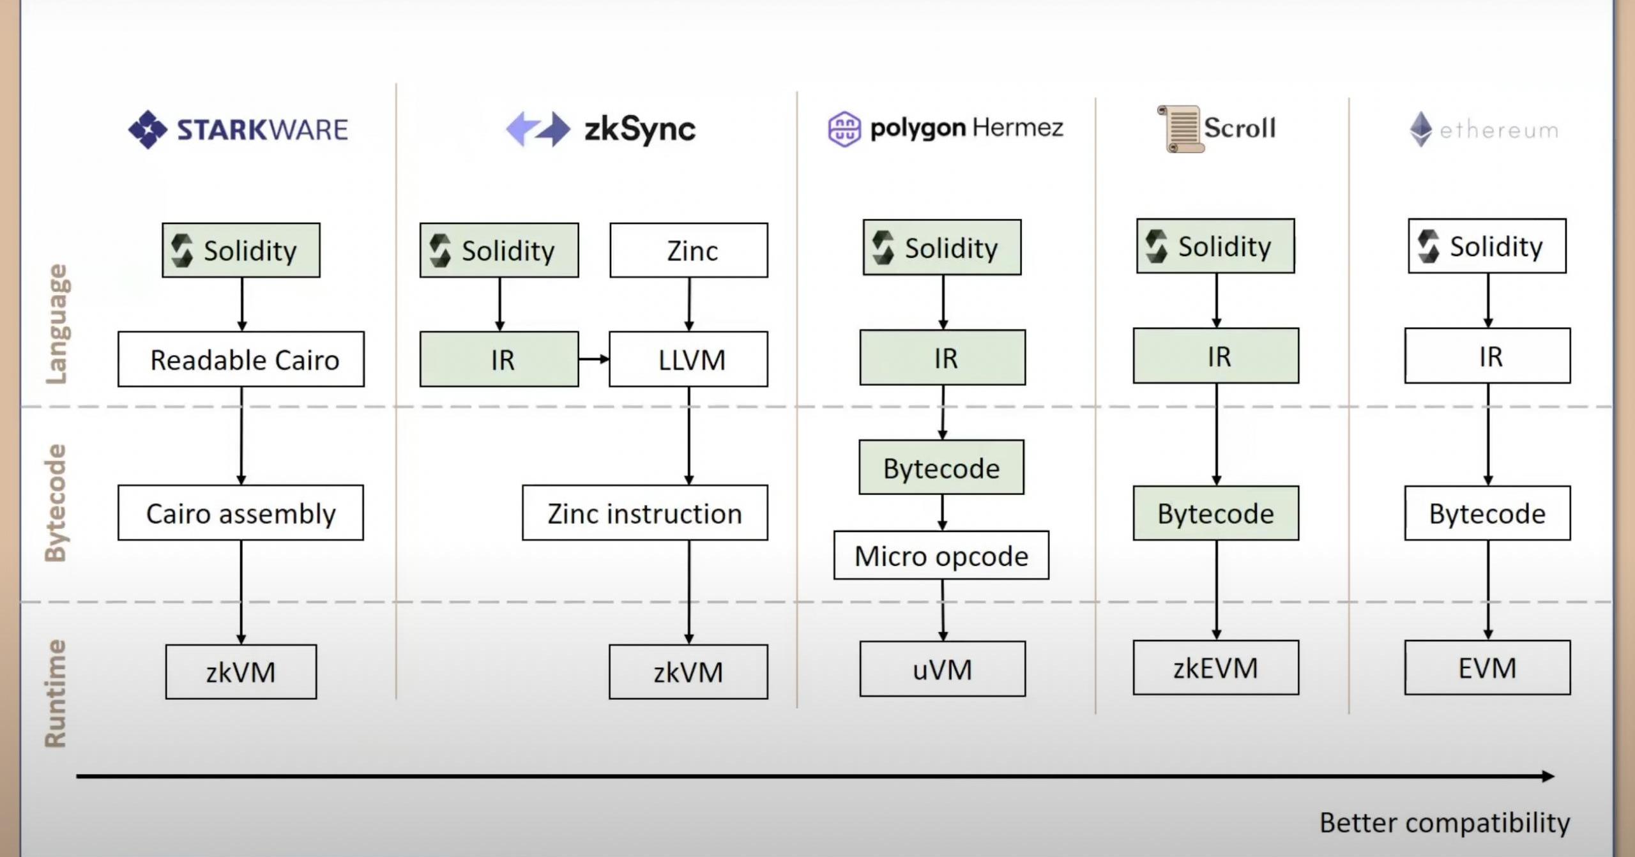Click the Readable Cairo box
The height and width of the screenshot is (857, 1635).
coord(241,359)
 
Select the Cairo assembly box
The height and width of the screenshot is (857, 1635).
coord(241,513)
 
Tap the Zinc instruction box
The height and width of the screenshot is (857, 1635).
coord(644,513)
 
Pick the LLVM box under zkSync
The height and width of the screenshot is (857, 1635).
coord(688,359)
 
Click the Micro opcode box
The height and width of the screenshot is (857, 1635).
coord(941,556)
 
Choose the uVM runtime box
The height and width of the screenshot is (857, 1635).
coord(942,669)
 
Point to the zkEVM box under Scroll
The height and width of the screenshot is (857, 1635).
coord(1215,668)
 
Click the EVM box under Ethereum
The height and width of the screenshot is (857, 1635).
coord(1487,668)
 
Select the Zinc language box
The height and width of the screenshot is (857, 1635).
coord(688,250)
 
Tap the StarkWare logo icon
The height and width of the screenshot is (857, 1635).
coord(148,130)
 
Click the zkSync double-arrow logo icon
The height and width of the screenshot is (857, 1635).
coord(538,129)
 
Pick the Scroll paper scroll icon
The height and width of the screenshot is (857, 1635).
coord(1181,129)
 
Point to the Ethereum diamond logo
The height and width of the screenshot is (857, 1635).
coord(1420,130)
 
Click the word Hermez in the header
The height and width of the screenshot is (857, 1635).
coord(1018,128)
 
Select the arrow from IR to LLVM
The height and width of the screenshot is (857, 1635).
coord(594,359)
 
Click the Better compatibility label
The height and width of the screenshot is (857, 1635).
coord(1445,823)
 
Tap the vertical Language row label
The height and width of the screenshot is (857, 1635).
coord(56,324)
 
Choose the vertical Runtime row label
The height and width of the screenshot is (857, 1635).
coord(56,694)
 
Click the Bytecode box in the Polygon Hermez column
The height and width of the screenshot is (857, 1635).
coord(941,468)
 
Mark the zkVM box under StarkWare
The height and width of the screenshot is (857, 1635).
coord(241,672)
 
